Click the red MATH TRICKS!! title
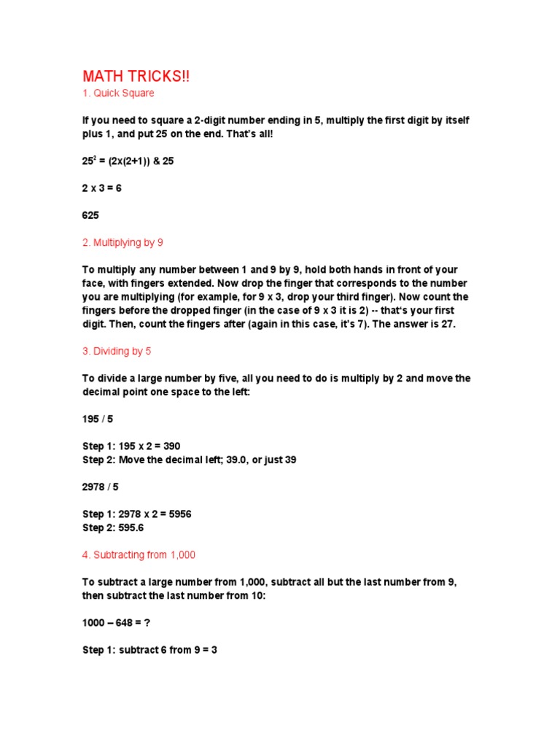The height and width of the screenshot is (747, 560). (x=136, y=77)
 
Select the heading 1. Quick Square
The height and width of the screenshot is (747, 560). (x=118, y=93)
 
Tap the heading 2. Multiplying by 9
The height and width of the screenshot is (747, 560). (x=128, y=242)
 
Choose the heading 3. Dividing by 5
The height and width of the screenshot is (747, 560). (x=117, y=351)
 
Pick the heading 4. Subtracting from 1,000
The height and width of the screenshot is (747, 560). (x=139, y=555)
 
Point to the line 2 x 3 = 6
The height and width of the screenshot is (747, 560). (x=102, y=188)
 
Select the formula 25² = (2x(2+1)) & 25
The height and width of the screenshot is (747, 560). (x=128, y=161)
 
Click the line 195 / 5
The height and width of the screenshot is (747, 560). (x=99, y=419)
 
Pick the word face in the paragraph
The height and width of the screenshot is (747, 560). (x=92, y=283)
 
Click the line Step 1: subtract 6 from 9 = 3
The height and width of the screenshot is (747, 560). (x=149, y=649)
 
